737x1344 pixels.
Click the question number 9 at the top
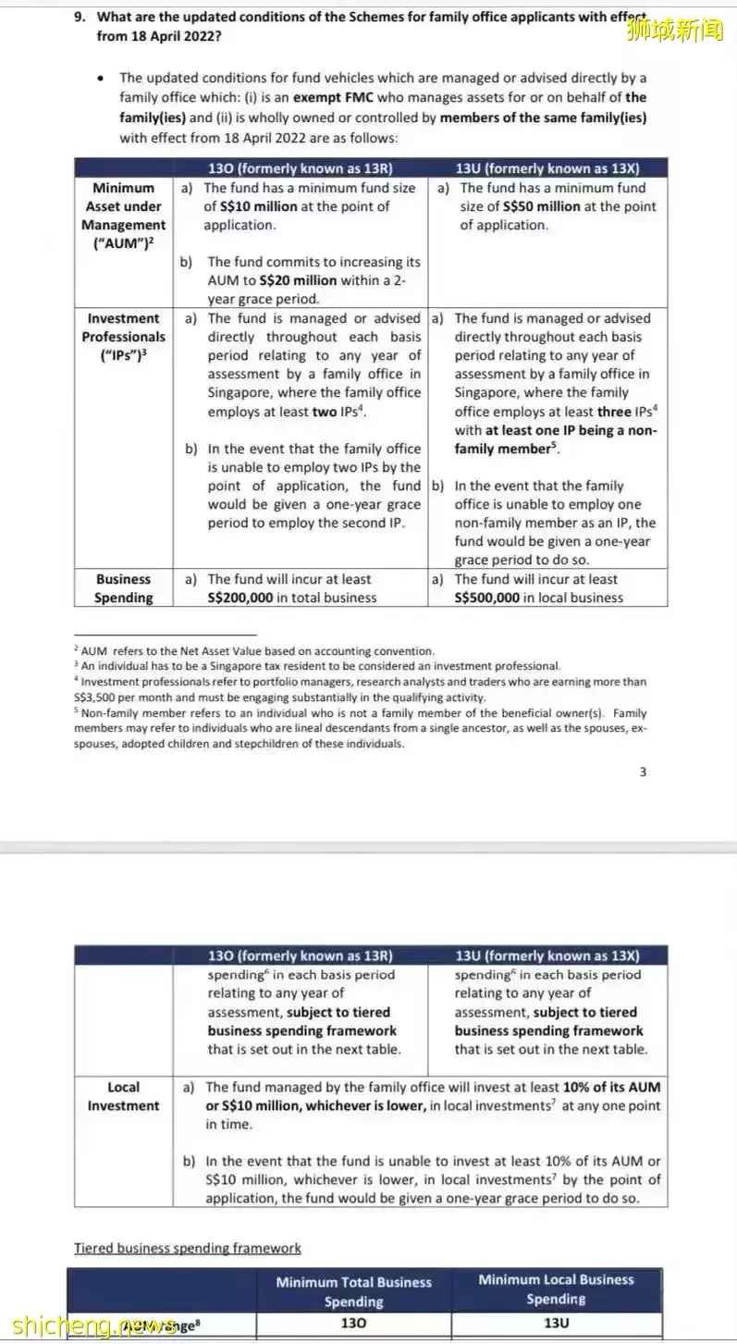(79, 17)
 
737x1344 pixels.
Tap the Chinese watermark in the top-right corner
(674, 31)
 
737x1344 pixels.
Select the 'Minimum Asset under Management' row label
(123, 216)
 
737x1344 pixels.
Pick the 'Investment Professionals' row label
(123, 337)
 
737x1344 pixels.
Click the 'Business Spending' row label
(123, 588)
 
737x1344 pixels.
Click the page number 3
(643, 772)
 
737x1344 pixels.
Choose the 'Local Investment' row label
(123, 1096)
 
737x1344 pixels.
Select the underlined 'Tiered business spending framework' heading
(187, 1248)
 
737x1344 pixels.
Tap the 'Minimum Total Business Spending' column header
(353, 1291)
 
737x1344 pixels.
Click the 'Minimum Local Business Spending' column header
(556, 1289)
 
